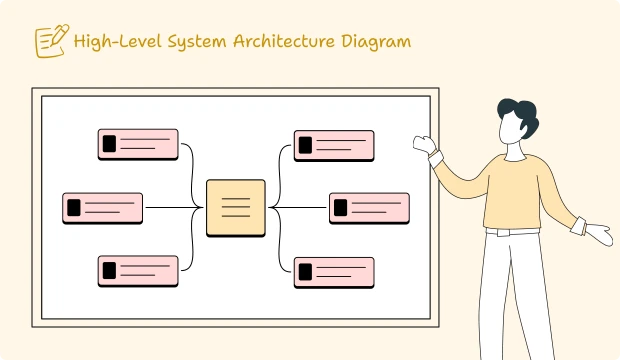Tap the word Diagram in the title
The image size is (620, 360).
375,41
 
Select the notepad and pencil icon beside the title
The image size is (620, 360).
50,41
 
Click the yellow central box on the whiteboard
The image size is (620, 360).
236,208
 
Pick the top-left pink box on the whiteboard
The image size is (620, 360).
138,144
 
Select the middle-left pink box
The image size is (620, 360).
102,208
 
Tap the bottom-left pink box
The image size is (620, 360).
138,271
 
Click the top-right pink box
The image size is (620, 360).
334,144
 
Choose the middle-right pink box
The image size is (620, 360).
369,208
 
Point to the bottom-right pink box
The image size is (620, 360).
334,271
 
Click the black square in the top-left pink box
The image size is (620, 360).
109,144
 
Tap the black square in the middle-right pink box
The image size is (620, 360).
341,208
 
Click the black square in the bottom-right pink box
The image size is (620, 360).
305,271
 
